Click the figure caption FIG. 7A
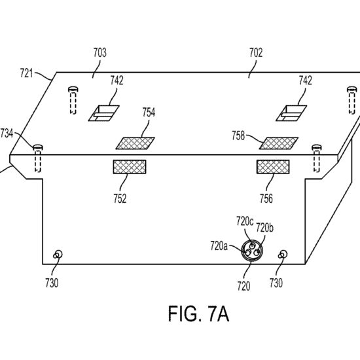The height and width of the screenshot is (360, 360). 198,314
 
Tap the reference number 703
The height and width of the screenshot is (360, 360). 100,52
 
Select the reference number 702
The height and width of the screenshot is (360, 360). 256,52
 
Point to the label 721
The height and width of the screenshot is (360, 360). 26,73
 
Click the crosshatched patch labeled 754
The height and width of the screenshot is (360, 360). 135,143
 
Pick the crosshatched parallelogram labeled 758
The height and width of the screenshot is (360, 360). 278,143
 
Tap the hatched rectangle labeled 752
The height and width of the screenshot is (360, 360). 130,167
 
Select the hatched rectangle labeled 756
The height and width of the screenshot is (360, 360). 273,167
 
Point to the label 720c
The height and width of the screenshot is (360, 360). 245,221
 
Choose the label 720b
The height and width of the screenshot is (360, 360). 264,228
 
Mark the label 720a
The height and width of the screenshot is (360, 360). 219,246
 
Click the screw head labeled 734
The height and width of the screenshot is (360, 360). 38,147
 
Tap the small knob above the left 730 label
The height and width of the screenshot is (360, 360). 58,255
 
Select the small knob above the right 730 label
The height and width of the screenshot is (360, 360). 283,255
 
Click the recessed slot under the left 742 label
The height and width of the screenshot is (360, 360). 104,113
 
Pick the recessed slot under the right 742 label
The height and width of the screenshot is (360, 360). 291,113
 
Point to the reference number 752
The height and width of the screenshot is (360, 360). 120,198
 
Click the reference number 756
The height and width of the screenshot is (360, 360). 266,198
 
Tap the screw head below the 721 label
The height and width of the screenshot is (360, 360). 73,89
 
